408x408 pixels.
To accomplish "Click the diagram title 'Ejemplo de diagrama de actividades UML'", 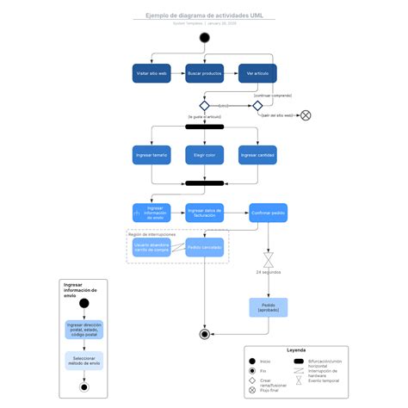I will [x=204, y=15].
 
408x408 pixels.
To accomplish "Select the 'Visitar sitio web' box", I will [x=151, y=74].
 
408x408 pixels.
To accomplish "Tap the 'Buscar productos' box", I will [x=204, y=74].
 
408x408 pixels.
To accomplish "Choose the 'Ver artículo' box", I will [x=257, y=74].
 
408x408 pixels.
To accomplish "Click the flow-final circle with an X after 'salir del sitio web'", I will [x=305, y=114].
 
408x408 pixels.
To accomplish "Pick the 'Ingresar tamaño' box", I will [x=151, y=155].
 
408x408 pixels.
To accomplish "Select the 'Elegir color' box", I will [x=204, y=155].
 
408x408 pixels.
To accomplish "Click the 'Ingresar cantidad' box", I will [x=257, y=155].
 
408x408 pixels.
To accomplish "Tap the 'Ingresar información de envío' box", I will [x=151, y=212].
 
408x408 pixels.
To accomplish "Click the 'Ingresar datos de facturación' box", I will [x=204, y=212].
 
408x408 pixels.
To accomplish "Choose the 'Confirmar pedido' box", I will [x=267, y=212].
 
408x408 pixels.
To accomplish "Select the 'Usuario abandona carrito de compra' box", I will [x=151, y=248].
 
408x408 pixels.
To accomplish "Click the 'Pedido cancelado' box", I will [x=204, y=248].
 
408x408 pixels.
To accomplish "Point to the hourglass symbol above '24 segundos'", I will [x=268, y=259].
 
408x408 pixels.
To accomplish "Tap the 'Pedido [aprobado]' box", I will [x=267, y=307].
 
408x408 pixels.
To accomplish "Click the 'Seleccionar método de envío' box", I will [x=83, y=361].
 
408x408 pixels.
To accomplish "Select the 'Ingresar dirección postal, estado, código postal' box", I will [x=83, y=329].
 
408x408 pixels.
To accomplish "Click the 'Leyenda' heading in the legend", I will [x=295, y=350].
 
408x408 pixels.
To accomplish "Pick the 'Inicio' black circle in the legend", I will [x=251, y=361].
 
